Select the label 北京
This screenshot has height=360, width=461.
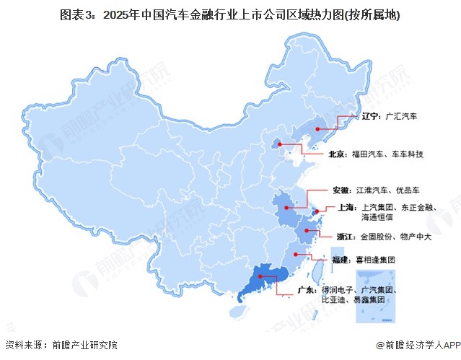(x=337, y=154)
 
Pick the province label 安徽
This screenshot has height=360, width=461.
(x=341, y=190)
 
